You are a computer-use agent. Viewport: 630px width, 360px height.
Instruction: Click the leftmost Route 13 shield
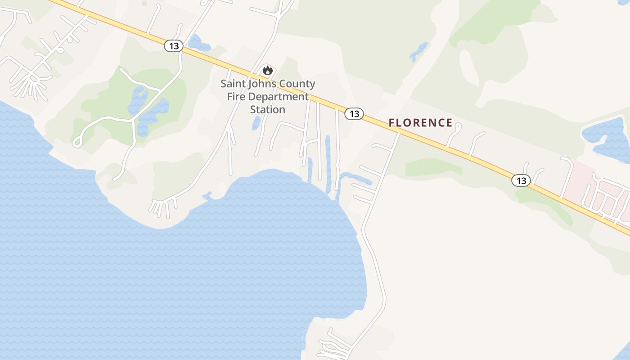[174, 46]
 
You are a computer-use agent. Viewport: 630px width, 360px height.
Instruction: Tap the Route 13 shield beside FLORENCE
[354, 114]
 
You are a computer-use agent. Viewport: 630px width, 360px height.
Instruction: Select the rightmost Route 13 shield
[521, 181]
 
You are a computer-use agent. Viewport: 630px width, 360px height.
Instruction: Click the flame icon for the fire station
[268, 70]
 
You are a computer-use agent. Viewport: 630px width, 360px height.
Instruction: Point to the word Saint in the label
[233, 84]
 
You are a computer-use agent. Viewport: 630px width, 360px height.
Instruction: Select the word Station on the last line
[268, 109]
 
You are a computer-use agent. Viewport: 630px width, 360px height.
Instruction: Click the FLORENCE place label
[420, 123]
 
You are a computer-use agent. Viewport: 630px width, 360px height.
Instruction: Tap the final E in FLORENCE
[449, 123]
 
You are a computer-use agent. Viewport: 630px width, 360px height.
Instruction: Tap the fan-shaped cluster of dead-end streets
[31, 85]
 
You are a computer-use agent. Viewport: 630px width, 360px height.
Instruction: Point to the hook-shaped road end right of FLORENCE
[457, 128]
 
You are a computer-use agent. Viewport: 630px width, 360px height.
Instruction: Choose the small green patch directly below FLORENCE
[432, 167]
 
